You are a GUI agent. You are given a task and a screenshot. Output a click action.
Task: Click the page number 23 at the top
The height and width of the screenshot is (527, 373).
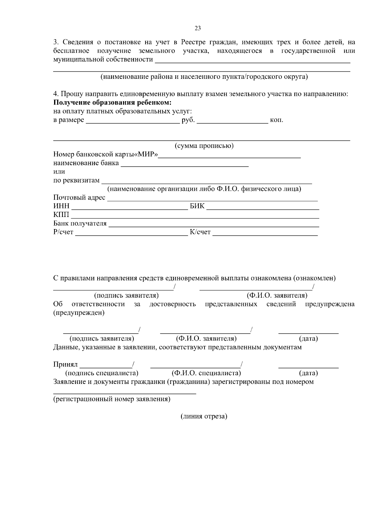pos(198,28)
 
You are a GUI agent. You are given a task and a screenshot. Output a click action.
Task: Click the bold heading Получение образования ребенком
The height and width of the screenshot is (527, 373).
pos(113,103)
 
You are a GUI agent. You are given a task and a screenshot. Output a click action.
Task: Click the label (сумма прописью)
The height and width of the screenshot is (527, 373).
pos(204,146)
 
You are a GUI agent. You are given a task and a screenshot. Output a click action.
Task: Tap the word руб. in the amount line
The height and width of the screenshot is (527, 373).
pos(188,120)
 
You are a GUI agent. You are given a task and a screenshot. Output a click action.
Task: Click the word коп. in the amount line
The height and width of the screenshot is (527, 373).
pos(277,120)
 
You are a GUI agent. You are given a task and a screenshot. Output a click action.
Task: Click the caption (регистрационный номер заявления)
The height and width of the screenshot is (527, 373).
pos(112,399)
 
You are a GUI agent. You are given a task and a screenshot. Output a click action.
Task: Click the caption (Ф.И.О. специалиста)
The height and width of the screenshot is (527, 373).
pos(206,373)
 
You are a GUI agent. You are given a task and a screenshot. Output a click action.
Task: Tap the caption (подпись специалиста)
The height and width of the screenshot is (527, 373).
pos(102,373)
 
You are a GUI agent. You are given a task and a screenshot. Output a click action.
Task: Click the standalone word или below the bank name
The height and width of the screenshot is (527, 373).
pos(59,172)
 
